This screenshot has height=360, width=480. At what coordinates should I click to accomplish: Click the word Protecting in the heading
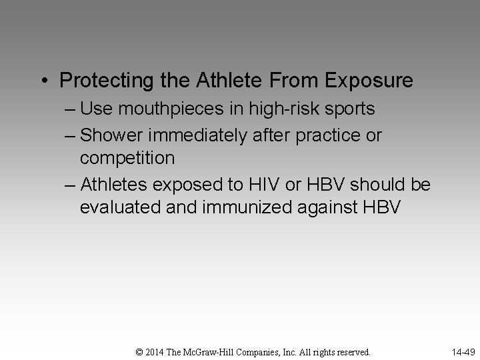tap(107, 81)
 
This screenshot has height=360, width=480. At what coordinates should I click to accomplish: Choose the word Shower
tap(111, 135)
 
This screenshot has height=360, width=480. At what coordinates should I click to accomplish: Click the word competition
tap(127, 158)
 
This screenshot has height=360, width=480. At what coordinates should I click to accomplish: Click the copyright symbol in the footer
tap(139, 351)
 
